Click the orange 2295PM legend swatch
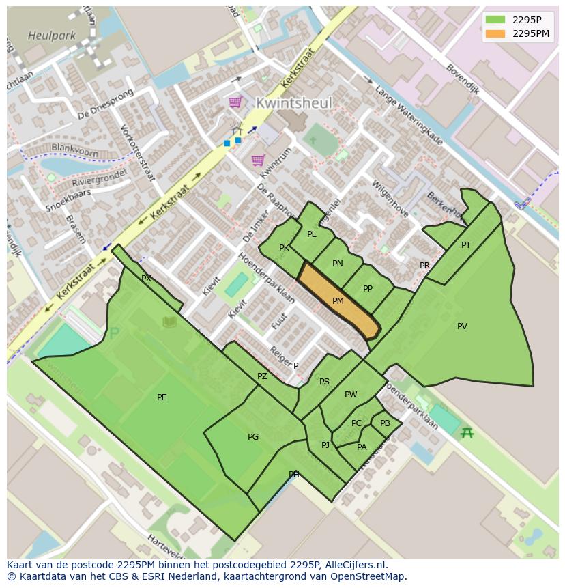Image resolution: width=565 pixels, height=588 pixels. [495, 33]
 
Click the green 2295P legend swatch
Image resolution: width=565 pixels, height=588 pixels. [495, 20]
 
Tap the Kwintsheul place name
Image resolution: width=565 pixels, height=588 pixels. [293, 103]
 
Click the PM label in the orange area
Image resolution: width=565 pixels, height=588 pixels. [338, 301]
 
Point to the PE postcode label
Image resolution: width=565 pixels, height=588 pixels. [162, 397]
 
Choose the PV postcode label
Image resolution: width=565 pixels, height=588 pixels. [462, 326]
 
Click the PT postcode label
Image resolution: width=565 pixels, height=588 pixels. [466, 245]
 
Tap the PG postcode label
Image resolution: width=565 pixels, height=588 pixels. [253, 437]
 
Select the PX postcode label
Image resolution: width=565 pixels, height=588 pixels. [146, 279]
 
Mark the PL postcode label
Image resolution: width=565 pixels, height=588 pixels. [312, 234]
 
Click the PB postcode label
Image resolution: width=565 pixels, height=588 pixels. [385, 423]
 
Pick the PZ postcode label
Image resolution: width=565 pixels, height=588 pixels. [263, 376]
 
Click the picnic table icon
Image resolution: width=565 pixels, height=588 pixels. [467, 432]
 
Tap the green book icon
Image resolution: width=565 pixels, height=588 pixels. [169, 322]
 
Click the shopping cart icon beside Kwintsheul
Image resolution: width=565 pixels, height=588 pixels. [235, 102]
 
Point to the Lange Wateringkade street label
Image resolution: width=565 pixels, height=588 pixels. [409, 115]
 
